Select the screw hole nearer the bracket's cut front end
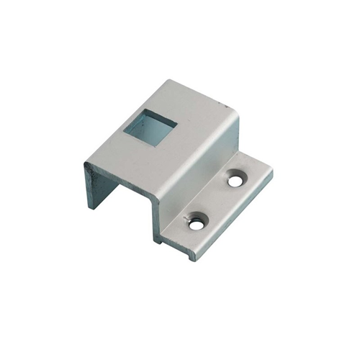[x=196, y=225]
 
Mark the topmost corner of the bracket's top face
[x=171, y=81]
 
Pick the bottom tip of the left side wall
[x=92, y=208]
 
